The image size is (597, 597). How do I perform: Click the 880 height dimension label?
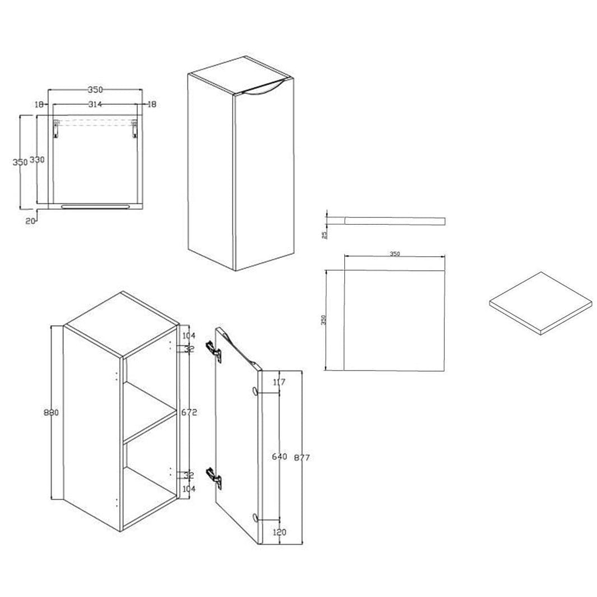point(52,412)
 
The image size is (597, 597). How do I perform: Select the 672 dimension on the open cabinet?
point(189,412)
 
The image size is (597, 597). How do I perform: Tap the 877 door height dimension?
point(302,457)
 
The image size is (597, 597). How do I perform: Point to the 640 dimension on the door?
point(280,456)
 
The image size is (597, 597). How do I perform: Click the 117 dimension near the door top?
point(279,382)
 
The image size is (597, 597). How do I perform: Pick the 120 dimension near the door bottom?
point(280,532)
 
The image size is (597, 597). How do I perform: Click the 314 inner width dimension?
point(95,104)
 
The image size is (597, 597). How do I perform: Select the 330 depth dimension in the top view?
point(38,160)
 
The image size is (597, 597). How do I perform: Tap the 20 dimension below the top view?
point(30,220)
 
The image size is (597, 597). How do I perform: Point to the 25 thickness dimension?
point(325,234)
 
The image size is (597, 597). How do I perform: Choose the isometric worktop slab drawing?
point(540,303)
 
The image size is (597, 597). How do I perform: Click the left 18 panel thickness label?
point(39,104)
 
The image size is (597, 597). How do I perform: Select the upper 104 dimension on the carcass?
point(188,335)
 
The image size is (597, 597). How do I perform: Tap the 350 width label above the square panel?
point(395,254)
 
